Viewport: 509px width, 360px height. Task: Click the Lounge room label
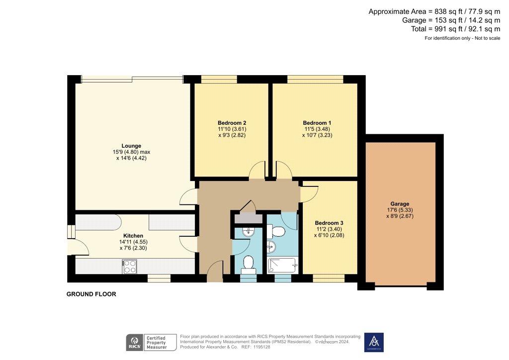click(x=131, y=146)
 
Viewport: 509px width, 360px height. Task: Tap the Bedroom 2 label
click(x=232, y=123)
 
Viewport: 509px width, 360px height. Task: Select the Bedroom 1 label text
click(x=317, y=123)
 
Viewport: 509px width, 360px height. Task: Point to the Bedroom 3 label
click(x=329, y=223)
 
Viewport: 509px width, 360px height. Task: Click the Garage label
click(x=400, y=204)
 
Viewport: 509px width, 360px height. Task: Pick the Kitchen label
click(x=133, y=236)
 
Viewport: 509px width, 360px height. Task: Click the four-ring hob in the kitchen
click(x=130, y=267)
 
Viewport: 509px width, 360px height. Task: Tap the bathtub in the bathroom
click(x=282, y=266)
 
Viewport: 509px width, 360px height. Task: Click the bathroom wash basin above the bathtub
click(x=271, y=247)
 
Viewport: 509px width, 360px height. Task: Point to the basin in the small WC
click(x=249, y=232)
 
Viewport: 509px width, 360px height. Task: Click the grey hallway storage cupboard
click(x=249, y=218)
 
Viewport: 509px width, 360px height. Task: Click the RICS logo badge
click(x=134, y=343)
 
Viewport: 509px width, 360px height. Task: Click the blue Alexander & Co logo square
click(x=374, y=342)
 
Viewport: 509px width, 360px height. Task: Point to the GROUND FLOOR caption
click(x=91, y=294)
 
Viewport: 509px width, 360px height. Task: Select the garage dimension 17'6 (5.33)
click(x=400, y=210)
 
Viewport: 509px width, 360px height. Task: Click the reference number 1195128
click(x=261, y=347)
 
